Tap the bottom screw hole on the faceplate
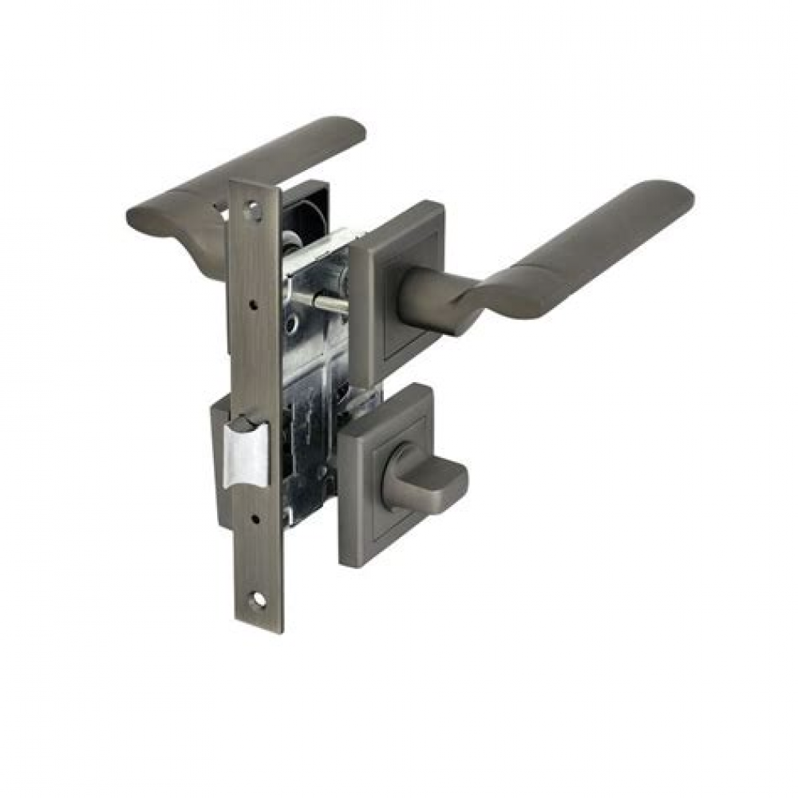(257, 600)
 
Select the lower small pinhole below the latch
(255, 519)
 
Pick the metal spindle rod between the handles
(323, 301)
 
